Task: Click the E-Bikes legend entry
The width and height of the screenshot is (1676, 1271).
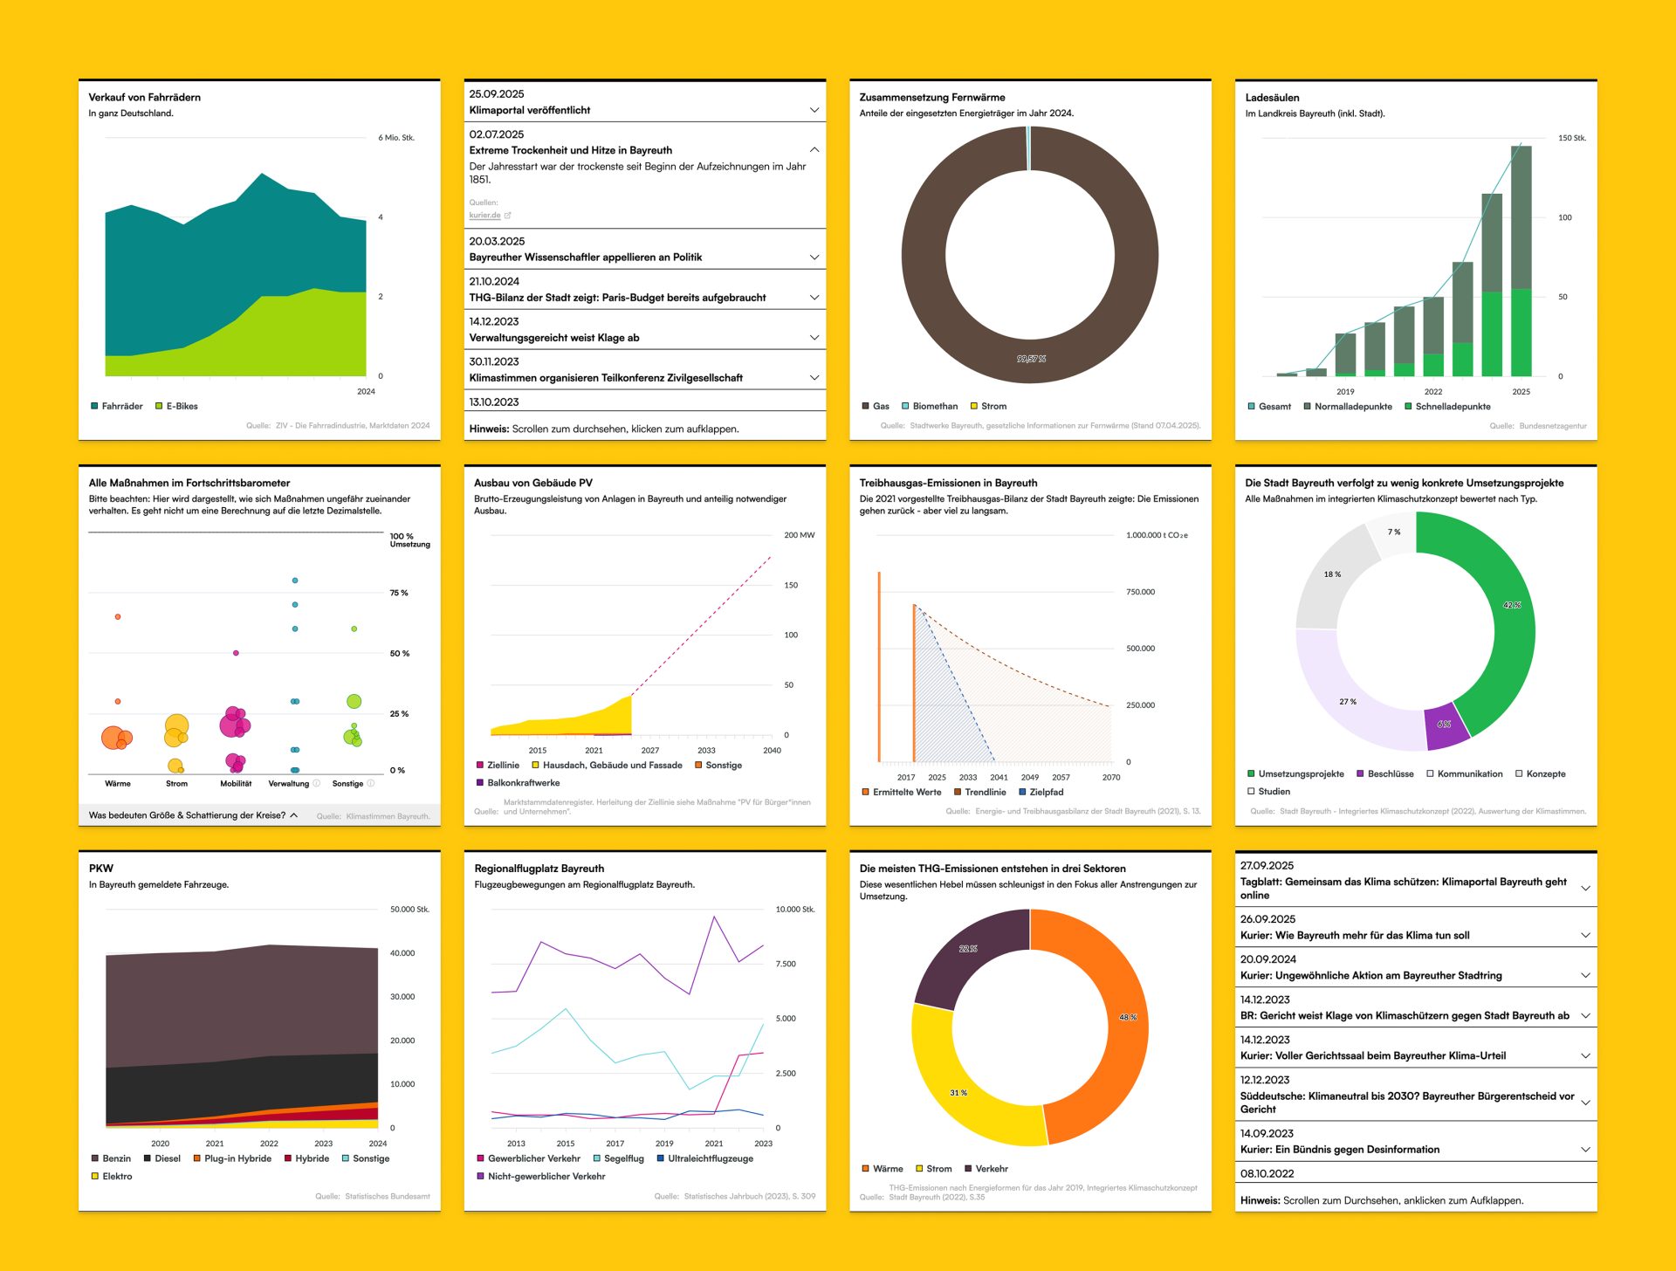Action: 182,406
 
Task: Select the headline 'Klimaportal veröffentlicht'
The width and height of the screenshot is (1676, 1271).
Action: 530,110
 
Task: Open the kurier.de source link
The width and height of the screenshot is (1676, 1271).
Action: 485,216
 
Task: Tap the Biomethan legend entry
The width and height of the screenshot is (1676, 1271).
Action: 935,406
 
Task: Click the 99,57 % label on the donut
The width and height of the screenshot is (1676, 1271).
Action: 1031,359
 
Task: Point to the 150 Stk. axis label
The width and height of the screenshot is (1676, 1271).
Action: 1571,138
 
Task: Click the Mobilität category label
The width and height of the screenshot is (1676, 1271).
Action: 236,784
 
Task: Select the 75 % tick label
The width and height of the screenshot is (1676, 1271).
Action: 399,593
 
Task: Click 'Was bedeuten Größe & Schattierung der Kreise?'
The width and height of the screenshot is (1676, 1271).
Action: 188,815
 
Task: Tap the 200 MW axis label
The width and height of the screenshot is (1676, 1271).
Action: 799,535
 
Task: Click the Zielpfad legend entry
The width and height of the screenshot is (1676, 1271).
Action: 1046,793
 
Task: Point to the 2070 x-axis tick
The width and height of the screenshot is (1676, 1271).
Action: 1111,777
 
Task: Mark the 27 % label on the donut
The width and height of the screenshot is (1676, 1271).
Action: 1348,702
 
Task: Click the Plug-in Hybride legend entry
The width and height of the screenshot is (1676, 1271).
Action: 237,1158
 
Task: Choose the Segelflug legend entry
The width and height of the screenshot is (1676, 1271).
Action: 623,1158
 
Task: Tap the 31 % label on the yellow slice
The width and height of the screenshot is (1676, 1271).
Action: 958,1093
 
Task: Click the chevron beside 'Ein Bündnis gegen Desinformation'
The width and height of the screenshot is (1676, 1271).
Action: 1585,1150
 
